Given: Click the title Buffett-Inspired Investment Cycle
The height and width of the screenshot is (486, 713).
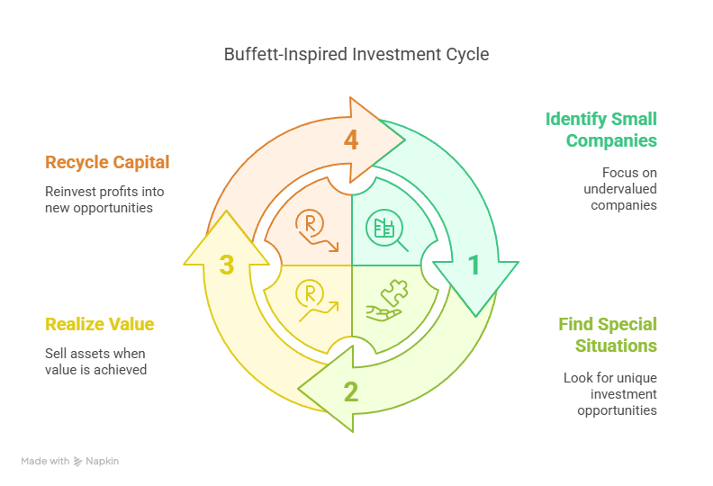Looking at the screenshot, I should click(356, 54).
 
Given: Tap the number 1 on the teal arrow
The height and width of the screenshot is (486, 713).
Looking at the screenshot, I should click(474, 265).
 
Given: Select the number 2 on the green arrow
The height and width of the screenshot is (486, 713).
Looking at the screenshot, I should click(351, 391).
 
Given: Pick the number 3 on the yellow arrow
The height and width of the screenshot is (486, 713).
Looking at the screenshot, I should click(226, 265).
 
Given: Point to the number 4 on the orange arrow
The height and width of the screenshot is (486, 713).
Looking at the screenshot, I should click(351, 140).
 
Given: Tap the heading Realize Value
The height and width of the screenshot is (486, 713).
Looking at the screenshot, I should click(100, 324).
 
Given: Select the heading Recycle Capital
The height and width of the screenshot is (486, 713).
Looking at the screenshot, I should click(107, 163).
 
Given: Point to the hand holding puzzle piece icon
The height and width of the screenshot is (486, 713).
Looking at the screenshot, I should click(387, 301).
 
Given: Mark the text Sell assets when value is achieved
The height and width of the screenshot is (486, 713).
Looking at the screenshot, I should click(95, 361).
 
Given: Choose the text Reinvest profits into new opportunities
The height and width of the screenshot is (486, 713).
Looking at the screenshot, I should click(104, 199).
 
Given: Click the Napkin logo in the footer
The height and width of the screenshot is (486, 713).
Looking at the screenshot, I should click(78, 462).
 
